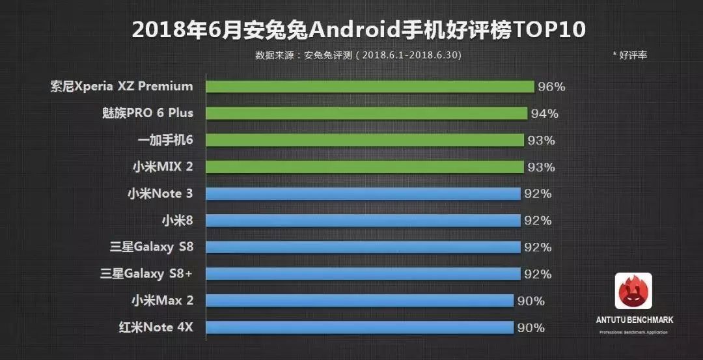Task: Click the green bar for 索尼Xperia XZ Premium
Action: [x=370, y=87]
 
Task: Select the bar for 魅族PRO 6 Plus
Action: [x=366, y=113]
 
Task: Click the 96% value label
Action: [x=551, y=87]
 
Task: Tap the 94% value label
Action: [x=544, y=113]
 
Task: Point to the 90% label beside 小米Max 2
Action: [x=531, y=301]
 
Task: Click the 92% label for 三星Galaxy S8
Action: [x=538, y=247]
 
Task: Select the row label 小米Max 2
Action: [x=162, y=301]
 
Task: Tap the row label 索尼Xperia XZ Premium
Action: [x=122, y=87]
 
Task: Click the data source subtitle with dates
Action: [x=358, y=55]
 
